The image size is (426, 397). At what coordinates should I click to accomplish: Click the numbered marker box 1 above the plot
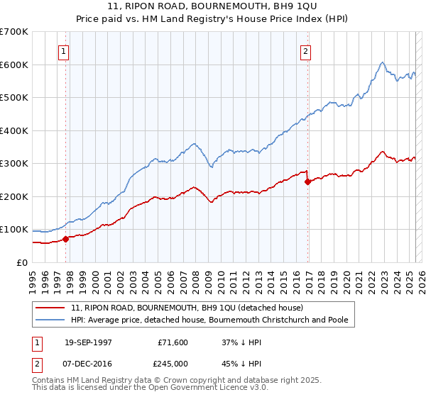[64, 51]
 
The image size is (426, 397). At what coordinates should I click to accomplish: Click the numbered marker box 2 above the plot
[305, 51]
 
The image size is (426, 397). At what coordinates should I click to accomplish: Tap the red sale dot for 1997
[66, 239]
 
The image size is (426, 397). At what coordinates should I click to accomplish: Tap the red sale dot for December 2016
[307, 181]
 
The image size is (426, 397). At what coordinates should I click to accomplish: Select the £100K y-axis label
[14, 230]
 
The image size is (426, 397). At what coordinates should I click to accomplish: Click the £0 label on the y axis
[22, 262]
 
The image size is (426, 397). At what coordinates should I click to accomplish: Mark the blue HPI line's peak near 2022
[382, 62]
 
